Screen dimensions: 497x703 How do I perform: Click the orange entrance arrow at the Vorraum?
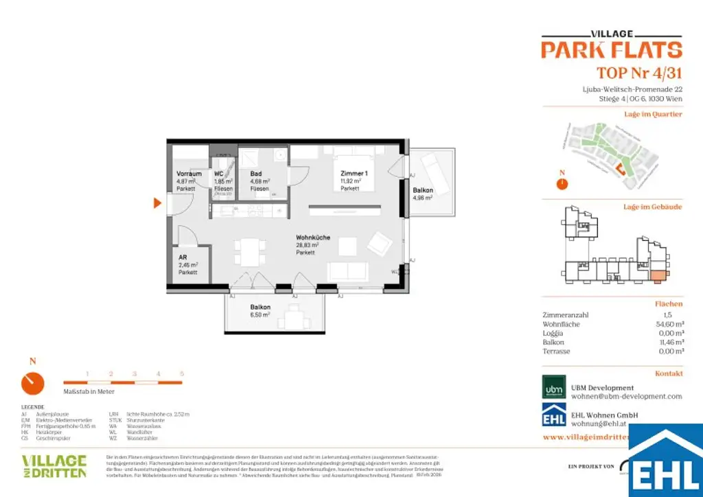[157, 203]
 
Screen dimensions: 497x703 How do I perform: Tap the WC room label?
[219, 174]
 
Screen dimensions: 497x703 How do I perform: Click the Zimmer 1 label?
[354, 174]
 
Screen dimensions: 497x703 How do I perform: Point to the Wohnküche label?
[313, 238]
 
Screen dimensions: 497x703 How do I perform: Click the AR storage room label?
[183, 257]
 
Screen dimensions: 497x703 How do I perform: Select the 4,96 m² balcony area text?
[422, 198]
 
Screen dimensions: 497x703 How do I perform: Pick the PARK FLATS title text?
[611, 49]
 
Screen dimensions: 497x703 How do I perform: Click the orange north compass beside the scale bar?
[32, 383]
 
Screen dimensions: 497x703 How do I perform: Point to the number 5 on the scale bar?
[182, 373]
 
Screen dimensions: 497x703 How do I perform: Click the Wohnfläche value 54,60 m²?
[669, 324]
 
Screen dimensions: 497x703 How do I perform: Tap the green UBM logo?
[554, 388]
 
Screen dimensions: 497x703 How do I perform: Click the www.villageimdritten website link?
[584, 437]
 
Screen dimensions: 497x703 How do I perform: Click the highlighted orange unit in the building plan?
[657, 277]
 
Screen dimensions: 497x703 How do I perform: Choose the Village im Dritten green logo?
[54, 465]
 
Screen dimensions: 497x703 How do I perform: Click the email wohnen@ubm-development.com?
[626, 397]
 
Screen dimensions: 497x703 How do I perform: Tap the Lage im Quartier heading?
[652, 114]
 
